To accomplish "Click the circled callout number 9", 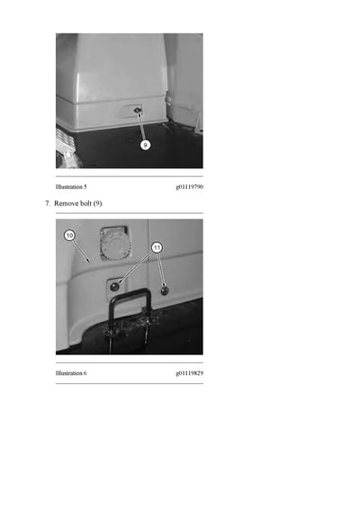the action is (145, 145).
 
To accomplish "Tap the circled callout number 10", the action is (69, 235).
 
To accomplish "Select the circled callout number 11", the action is (157, 248).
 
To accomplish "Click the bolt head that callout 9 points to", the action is (138, 111).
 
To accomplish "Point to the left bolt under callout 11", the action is (114, 286).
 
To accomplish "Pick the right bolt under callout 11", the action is (165, 290).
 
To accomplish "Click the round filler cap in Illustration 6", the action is (114, 245).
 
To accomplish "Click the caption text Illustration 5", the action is (71, 187).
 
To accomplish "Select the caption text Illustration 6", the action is (71, 373).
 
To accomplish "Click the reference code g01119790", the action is (190, 187).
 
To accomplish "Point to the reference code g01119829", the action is (190, 373).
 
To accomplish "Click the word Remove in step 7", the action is (66, 203).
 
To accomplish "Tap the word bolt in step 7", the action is (85, 203).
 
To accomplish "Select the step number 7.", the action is (48, 203).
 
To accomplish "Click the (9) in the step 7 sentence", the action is (98, 204).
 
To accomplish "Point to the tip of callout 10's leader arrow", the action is (89, 262).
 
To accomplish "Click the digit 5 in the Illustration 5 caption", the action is (85, 187).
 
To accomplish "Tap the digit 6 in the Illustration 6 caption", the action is (85, 373).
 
